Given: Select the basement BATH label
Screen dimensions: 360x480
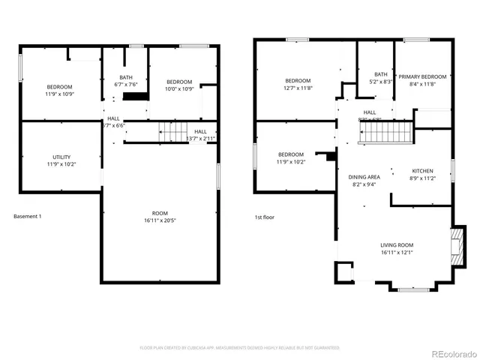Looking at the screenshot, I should point(126,77).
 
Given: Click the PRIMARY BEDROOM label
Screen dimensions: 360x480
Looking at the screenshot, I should point(422,76).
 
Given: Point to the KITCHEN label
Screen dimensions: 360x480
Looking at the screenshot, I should point(422,171).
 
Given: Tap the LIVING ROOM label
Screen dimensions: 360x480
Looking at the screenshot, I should point(397,245).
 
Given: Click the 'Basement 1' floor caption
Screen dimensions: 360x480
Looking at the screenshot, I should point(28,217).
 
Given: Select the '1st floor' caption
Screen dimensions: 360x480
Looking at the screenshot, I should point(264,217).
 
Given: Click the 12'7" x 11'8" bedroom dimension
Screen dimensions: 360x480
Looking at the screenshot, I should point(298,88).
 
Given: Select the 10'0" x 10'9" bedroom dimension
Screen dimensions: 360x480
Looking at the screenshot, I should point(179,89).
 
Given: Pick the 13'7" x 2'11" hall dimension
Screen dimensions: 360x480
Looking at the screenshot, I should point(200,139).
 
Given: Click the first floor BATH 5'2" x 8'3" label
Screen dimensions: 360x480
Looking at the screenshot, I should point(381,78).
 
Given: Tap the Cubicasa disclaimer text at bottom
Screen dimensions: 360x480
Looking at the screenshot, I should point(240,348).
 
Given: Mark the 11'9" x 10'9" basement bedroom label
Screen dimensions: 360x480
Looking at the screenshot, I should point(61,90).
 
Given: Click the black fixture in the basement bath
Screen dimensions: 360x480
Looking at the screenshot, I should point(133,95).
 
